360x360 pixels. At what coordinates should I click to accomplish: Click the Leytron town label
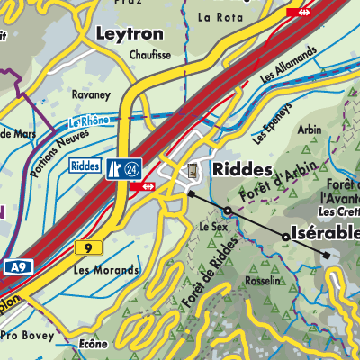point(130,34)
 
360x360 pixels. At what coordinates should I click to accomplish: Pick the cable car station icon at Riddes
point(193,169)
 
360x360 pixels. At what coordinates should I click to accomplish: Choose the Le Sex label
point(211,229)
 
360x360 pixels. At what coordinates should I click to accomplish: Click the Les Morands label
point(106,270)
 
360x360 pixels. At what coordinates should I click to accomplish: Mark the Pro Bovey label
point(23,335)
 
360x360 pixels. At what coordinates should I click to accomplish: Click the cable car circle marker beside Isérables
point(286,237)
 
